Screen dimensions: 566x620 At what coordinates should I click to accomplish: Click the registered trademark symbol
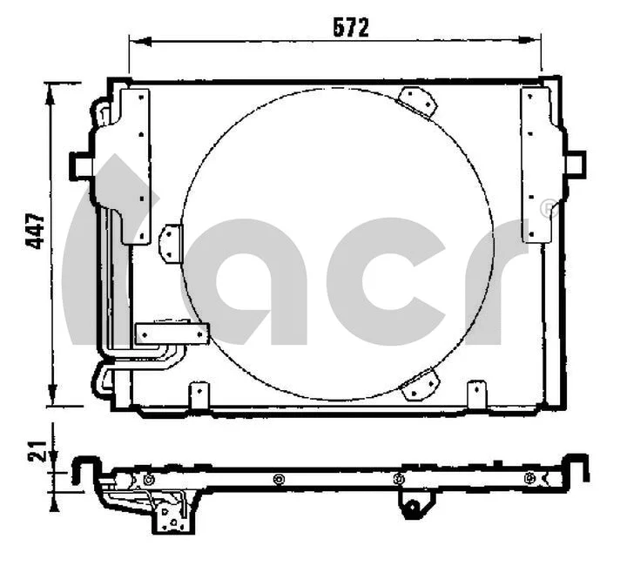547,208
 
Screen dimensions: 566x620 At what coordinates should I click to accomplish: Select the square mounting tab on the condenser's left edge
80,164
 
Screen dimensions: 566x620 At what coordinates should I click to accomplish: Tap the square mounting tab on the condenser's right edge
575,164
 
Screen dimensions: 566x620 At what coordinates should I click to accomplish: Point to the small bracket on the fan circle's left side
171,242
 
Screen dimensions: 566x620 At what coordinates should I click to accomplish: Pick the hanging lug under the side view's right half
414,506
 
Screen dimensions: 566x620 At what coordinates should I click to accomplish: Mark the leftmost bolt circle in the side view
149,480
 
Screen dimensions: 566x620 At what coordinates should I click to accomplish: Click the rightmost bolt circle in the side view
529,477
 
